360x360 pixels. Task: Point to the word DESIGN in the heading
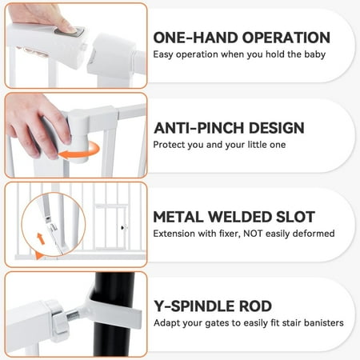click(x=276, y=128)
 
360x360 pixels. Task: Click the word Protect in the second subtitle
click(x=169, y=145)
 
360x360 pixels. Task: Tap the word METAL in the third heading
click(x=178, y=217)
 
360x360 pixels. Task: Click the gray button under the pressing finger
click(x=70, y=32)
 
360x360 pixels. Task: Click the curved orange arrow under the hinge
click(x=79, y=151)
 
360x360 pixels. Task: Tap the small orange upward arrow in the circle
click(x=41, y=238)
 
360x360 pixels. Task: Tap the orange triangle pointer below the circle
click(x=39, y=255)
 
